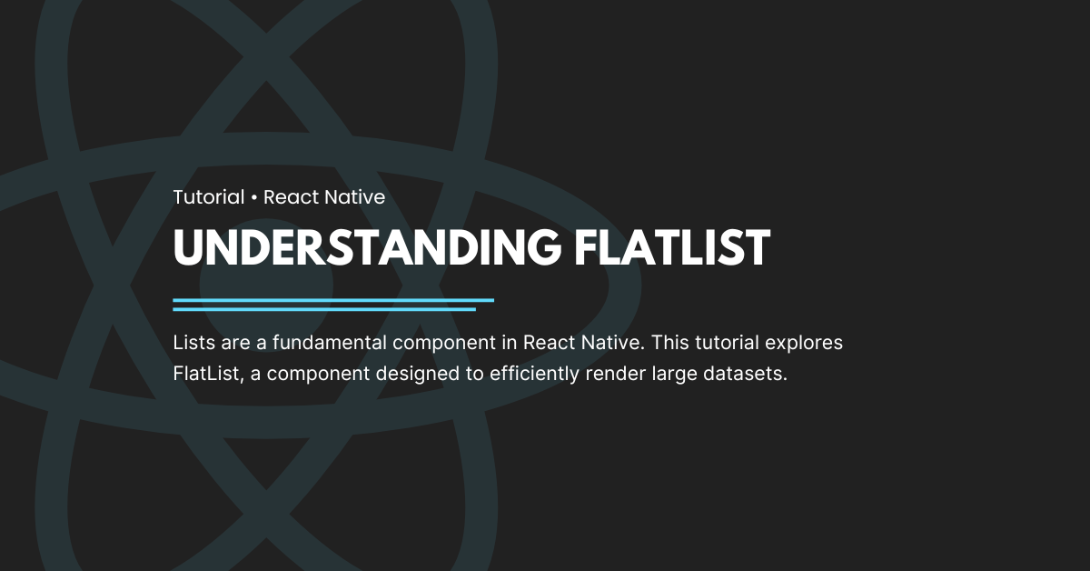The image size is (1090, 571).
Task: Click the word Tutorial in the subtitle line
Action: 209,196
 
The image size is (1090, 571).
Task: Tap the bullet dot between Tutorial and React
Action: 254,197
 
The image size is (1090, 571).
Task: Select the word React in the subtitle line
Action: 290,196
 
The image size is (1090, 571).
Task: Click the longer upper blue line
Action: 333,299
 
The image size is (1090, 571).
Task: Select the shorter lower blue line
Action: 324,309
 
